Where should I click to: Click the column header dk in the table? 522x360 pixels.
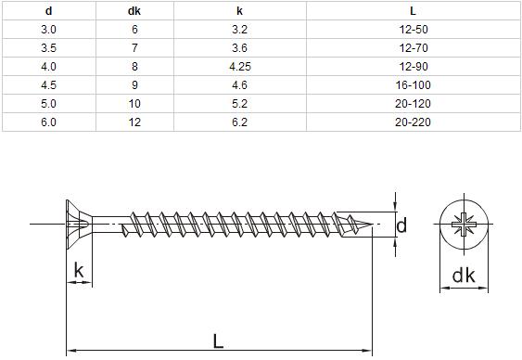[x=134, y=11]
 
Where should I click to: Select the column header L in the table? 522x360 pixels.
[x=413, y=11]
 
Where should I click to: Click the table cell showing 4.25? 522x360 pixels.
[x=240, y=67]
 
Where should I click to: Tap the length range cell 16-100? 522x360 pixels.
[x=414, y=85]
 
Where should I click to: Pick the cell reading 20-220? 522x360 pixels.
[x=414, y=122]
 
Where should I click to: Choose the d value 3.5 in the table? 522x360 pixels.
[x=48, y=48]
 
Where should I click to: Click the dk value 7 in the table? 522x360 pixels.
[x=134, y=48]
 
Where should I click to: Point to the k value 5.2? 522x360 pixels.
[x=240, y=104]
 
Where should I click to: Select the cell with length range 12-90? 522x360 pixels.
[x=414, y=67]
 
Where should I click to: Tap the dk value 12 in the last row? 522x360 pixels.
[x=134, y=122]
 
